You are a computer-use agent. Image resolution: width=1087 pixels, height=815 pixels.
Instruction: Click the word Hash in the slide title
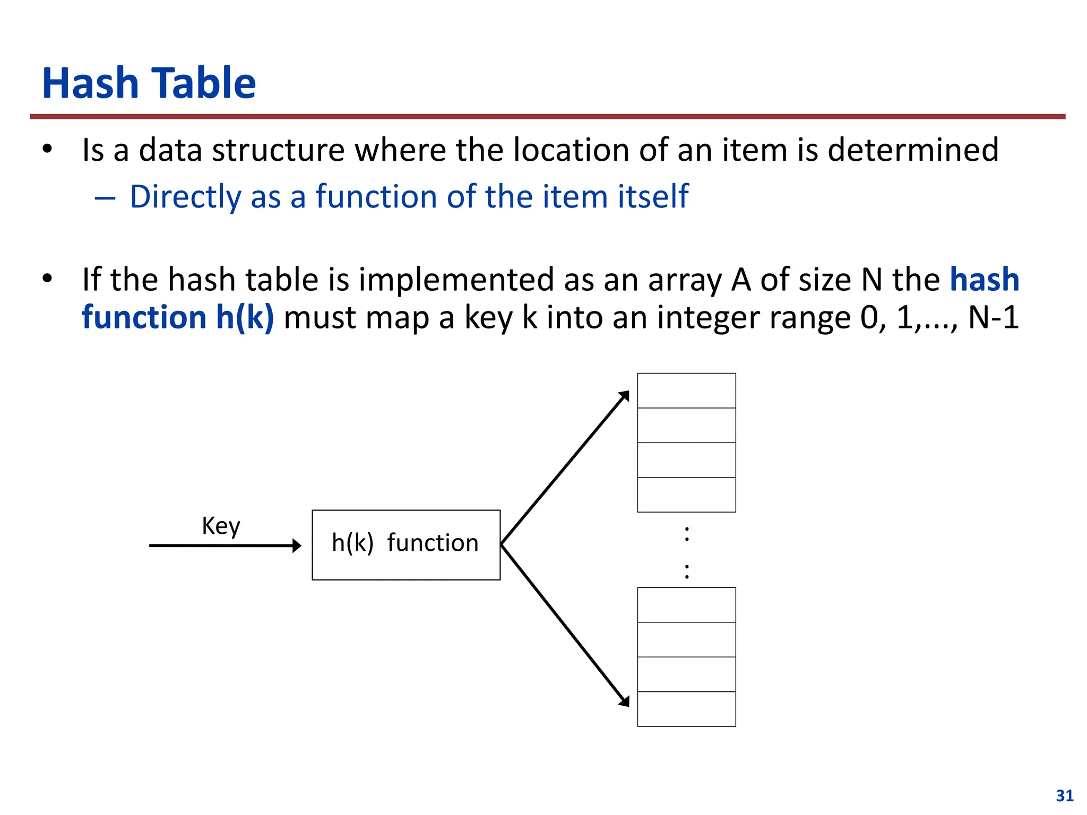[90, 83]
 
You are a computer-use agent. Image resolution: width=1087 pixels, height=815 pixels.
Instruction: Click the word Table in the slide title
[205, 83]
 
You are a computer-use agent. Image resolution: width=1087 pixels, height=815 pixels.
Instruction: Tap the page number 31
[1065, 795]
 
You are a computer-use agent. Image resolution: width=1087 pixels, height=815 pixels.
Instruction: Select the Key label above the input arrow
[221, 526]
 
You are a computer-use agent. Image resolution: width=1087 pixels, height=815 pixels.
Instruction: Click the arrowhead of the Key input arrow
[297, 545]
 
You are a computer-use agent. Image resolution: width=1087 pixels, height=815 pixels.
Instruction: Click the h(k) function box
[406, 545]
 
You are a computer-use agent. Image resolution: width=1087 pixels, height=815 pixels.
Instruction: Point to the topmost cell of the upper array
[686, 391]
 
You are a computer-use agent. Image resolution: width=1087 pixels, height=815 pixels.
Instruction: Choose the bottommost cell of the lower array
[686, 709]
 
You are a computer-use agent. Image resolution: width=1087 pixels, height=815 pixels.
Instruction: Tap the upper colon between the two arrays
[687, 533]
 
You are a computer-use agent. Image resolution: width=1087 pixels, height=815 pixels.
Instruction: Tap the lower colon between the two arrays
[687, 571]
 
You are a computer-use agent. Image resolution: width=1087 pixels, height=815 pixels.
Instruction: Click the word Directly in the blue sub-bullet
[185, 197]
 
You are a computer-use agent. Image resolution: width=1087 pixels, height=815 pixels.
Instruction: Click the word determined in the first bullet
[913, 150]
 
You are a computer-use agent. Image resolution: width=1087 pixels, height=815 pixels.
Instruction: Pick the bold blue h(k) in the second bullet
[245, 317]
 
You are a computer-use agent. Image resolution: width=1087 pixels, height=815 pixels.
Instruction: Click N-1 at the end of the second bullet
[993, 317]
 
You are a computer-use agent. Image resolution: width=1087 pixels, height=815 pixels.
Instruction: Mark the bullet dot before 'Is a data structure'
[48, 150]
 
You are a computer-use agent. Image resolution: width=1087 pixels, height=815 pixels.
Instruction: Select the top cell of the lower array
[686, 605]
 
